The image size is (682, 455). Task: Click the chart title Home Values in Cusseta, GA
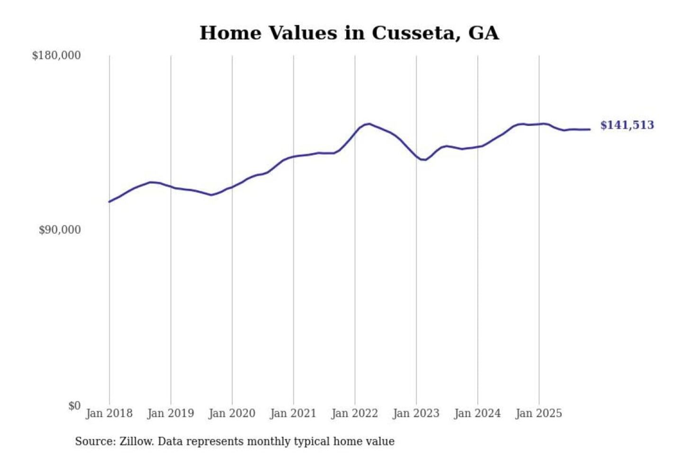tap(349, 33)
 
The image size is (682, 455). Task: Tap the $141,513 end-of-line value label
tap(627, 125)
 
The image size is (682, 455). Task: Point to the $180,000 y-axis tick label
tap(56, 55)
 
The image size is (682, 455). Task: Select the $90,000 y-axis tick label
tap(60, 230)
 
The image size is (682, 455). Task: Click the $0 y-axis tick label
tap(74, 406)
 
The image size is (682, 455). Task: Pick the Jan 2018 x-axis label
tap(109, 413)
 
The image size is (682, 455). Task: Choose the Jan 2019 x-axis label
tap(170, 413)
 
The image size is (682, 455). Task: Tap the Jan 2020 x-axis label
tap(232, 413)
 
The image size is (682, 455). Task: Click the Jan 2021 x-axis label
tap(293, 413)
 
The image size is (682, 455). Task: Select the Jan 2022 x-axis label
tap(355, 413)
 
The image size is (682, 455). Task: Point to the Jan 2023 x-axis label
tap(416, 413)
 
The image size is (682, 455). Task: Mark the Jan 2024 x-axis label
tap(477, 413)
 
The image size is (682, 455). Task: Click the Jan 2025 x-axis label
tap(538, 413)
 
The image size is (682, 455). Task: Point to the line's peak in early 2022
tap(369, 124)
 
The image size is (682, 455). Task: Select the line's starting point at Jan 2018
tap(109, 202)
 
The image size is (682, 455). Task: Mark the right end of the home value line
tap(590, 129)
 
